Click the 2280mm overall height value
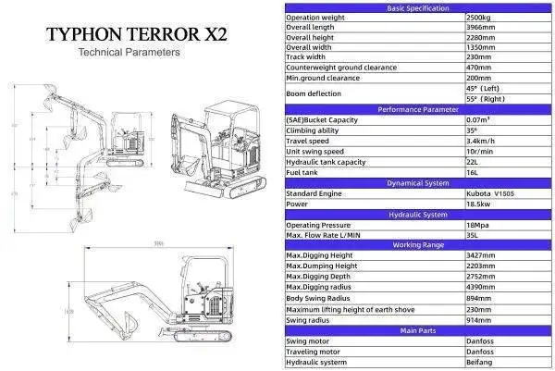click(x=483, y=39)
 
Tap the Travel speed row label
click(x=308, y=141)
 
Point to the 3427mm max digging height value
click(x=483, y=255)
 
